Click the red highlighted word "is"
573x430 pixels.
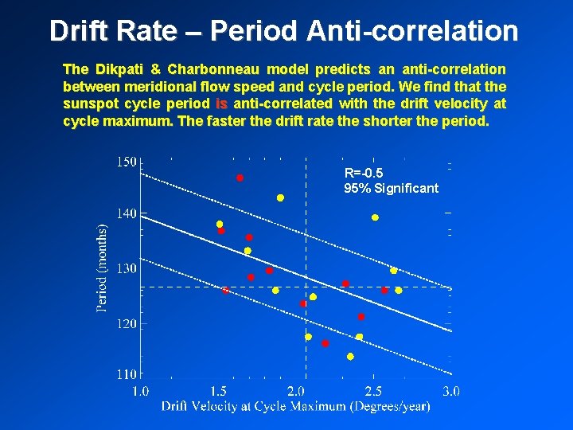221,104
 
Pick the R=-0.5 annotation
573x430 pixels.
364,173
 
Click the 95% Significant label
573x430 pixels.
391,189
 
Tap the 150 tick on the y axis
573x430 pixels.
127,162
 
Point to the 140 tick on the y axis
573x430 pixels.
127,214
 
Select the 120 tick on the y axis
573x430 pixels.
127,324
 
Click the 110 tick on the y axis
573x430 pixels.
127,373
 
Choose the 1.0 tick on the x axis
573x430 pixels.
140,391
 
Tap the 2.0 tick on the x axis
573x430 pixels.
295,391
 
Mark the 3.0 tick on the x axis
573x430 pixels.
450,391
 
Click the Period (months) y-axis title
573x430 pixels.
102,267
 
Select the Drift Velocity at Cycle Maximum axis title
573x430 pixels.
295,407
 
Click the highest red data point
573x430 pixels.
240,178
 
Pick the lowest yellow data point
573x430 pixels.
350,357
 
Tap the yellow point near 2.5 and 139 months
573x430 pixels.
375,217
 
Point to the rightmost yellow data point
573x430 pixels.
399,291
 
